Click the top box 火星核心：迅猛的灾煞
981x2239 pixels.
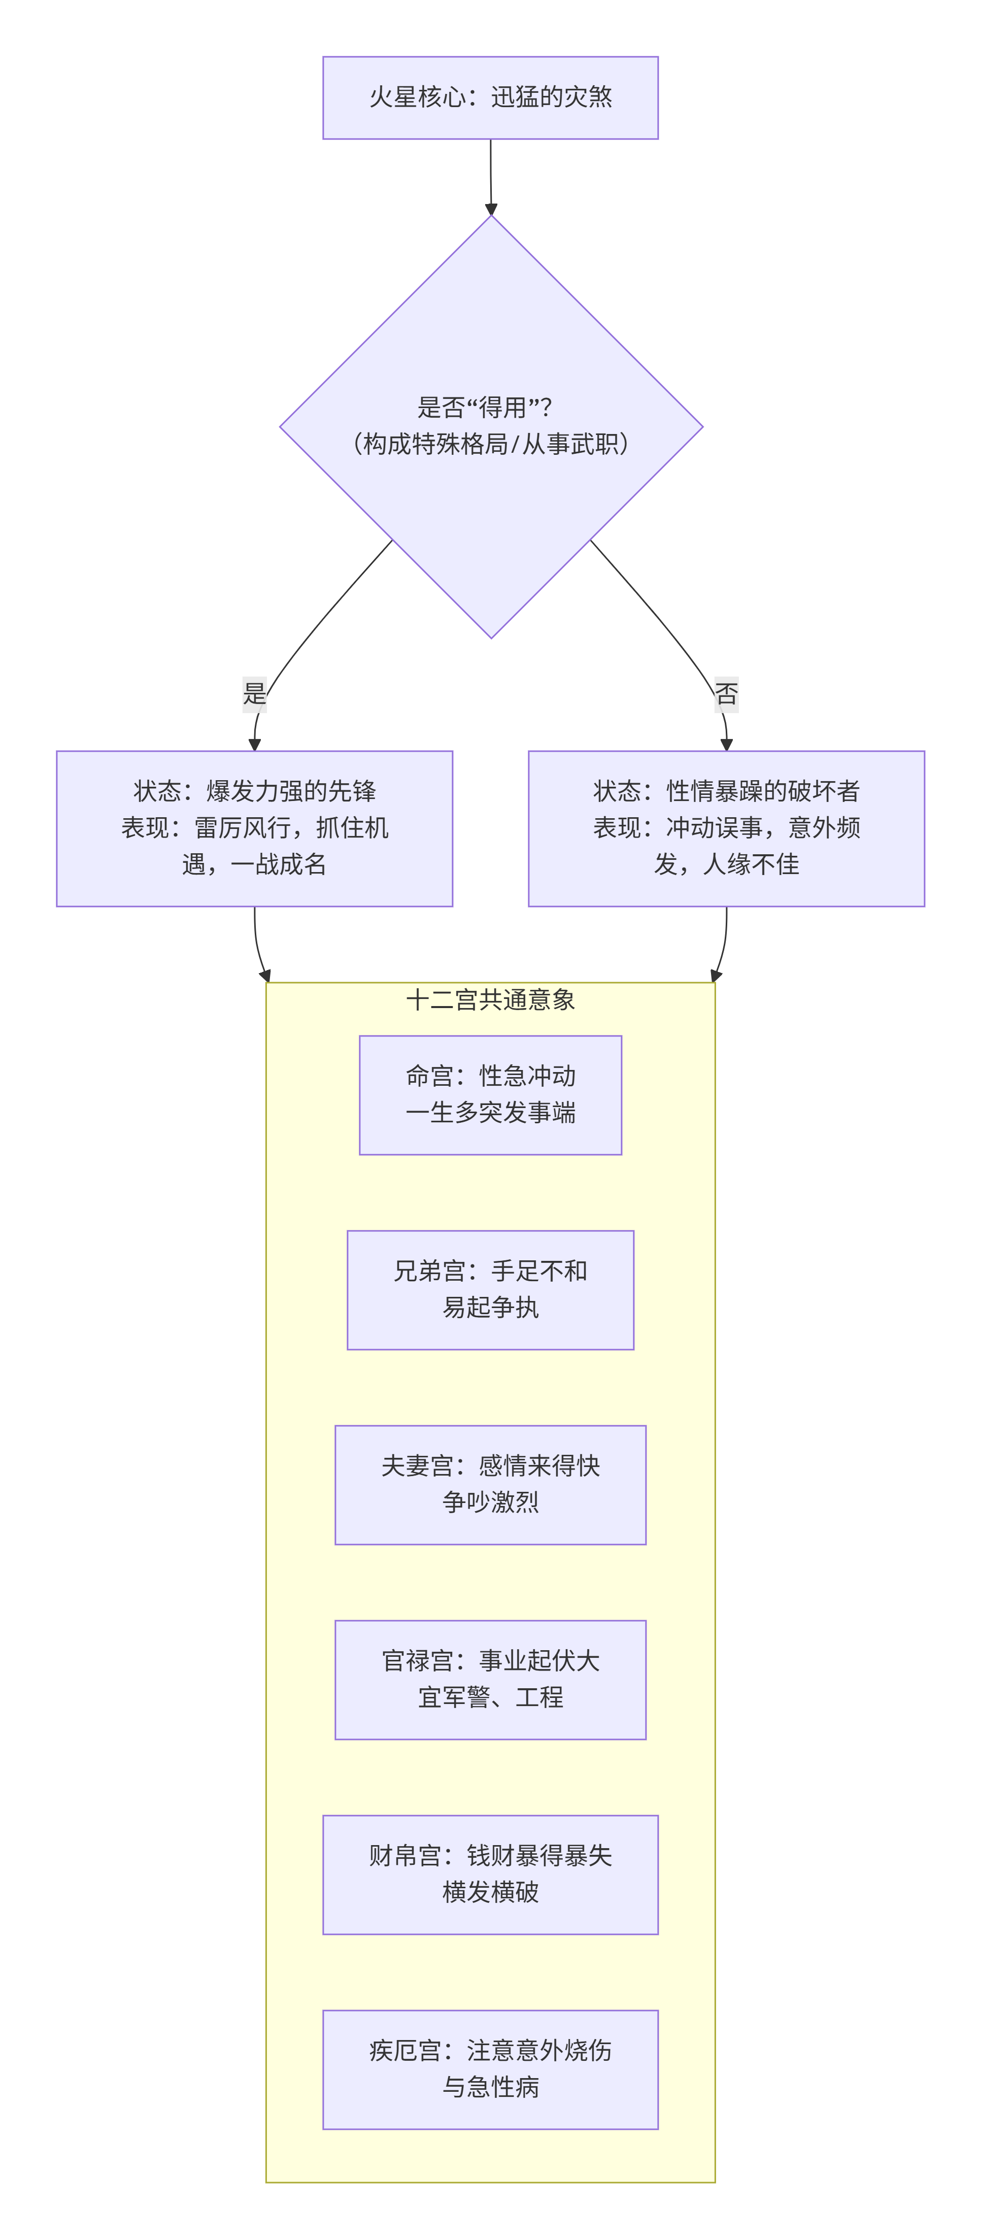coord(490,97)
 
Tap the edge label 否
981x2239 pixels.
coord(726,693)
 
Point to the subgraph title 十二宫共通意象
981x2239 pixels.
coord(490,999)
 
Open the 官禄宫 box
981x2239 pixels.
coord(490,1679)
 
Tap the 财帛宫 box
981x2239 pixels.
coord(490,1874)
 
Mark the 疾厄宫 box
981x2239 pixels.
coord(490,2068)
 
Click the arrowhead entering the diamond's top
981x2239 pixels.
coord(491,210)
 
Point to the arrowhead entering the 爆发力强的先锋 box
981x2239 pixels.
coord(255,744)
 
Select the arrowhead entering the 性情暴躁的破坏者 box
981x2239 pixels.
coord(726,744)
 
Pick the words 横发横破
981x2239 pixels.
coord(490,1892)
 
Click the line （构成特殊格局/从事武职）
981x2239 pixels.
coord(490,444)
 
